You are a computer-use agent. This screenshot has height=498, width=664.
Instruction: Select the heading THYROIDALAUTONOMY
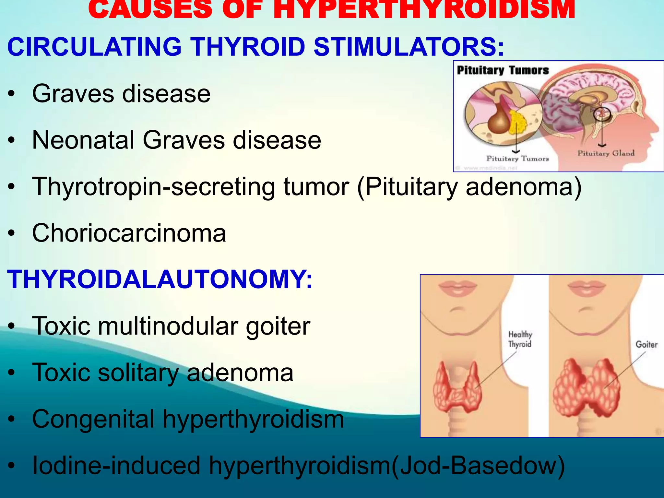pos(160,279)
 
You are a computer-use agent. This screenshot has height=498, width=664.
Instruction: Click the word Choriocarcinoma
pos(129,233)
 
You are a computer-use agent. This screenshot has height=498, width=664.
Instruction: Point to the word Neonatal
pos(83,140)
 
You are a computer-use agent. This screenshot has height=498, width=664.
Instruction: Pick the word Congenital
pos(93,419)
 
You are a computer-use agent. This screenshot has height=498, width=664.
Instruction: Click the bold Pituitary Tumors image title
pos(503,70)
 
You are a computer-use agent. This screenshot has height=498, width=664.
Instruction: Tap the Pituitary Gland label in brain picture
pos(606,153)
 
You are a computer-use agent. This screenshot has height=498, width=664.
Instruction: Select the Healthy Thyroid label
pos(520,339)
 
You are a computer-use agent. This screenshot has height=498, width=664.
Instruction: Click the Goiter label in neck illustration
pos(646,344)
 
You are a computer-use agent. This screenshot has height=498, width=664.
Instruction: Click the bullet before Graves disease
pos(12,94)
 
